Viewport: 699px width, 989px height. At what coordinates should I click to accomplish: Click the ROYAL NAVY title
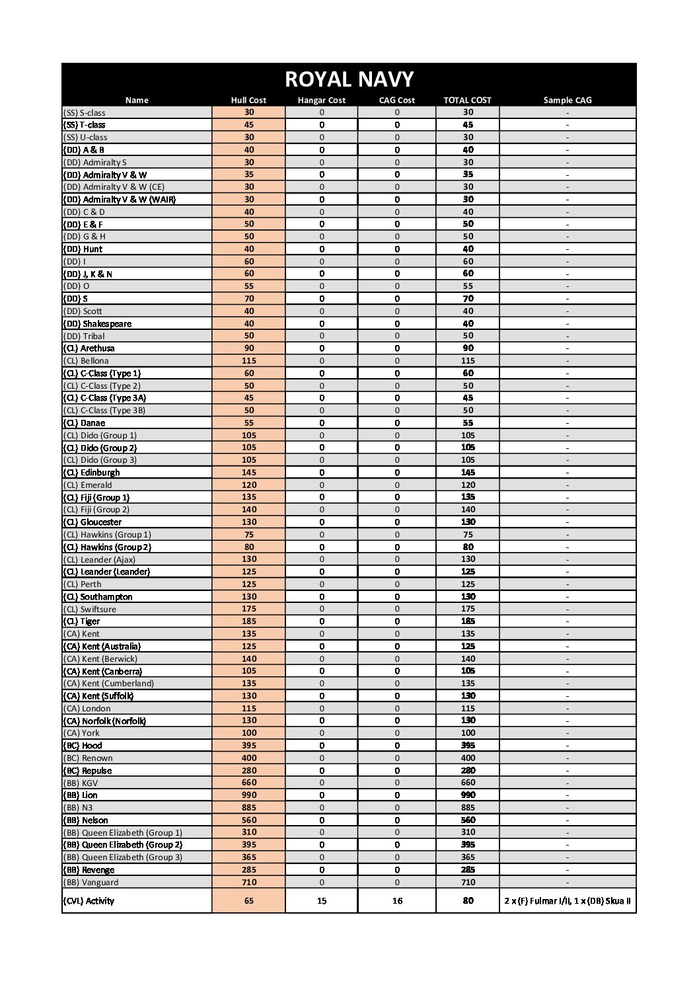click(349, 79)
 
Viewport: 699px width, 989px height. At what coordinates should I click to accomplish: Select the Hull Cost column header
click(248, 100)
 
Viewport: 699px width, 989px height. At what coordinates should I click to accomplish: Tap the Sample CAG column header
click(567, 100)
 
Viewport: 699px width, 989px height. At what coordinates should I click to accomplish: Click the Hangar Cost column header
click(322, 100)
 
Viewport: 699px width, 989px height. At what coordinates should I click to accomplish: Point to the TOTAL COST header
click(467, 100)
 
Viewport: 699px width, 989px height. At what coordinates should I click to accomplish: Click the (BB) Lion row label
click(81, 795)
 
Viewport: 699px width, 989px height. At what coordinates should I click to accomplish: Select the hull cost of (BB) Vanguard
click(248, 882)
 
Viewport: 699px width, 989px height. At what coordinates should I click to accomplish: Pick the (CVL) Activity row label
click(89, 900)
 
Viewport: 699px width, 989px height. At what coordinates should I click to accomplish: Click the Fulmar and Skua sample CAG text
click(567, 900)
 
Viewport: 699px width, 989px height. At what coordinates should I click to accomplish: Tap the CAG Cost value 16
click(397, 900)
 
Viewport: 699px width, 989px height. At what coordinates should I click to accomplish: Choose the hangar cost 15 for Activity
click(322, 900)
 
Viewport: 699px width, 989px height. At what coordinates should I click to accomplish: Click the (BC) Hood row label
click(83, 746)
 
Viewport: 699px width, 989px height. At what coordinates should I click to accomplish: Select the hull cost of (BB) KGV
click(248, 783)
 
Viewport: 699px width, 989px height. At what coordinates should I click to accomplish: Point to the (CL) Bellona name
click(86, 361)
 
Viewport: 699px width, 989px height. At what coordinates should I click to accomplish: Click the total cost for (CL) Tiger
click(468, 621)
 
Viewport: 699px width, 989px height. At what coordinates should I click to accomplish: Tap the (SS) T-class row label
click(84, 125)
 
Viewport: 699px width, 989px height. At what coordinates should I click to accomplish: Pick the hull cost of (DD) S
click(248, 299)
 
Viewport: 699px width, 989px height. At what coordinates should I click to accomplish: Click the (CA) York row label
click(81, 733)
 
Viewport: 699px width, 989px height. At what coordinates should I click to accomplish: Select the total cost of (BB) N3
click(468, 808)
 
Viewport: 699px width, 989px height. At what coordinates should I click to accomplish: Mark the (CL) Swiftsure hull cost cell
click(248, 609)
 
